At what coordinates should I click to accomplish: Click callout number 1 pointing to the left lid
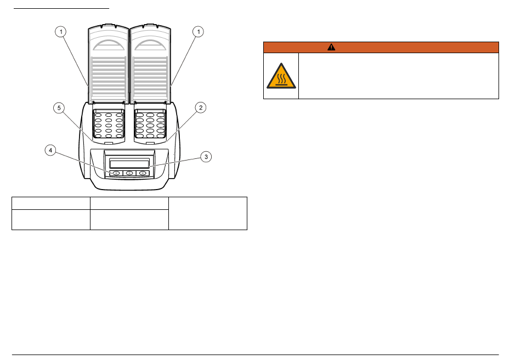[x=60, y=32]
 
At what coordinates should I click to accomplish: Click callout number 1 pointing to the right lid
[x=199, y=32]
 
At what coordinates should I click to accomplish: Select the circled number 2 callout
[x=201, y=107]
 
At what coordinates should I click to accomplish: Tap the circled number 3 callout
[x=206, y=157]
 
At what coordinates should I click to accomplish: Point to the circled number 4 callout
[x=50, y=151]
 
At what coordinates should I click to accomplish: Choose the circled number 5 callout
[x=59, y=108]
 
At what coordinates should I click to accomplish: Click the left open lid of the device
[x=109, y=64]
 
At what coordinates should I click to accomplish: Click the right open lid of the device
[x=150, y=64]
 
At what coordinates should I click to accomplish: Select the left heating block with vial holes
[x=109, y=123]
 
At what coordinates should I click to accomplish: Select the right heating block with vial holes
[x=150, y=123]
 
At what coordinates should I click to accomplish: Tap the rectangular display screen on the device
[x=129, y=164]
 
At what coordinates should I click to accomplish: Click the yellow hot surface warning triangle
[x=281, y=76]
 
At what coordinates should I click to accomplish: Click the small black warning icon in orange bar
[x=331, y=47]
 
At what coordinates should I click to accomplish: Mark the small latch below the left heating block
[x=109, y=143]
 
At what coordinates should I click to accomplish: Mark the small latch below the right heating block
[x=150, y=143]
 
